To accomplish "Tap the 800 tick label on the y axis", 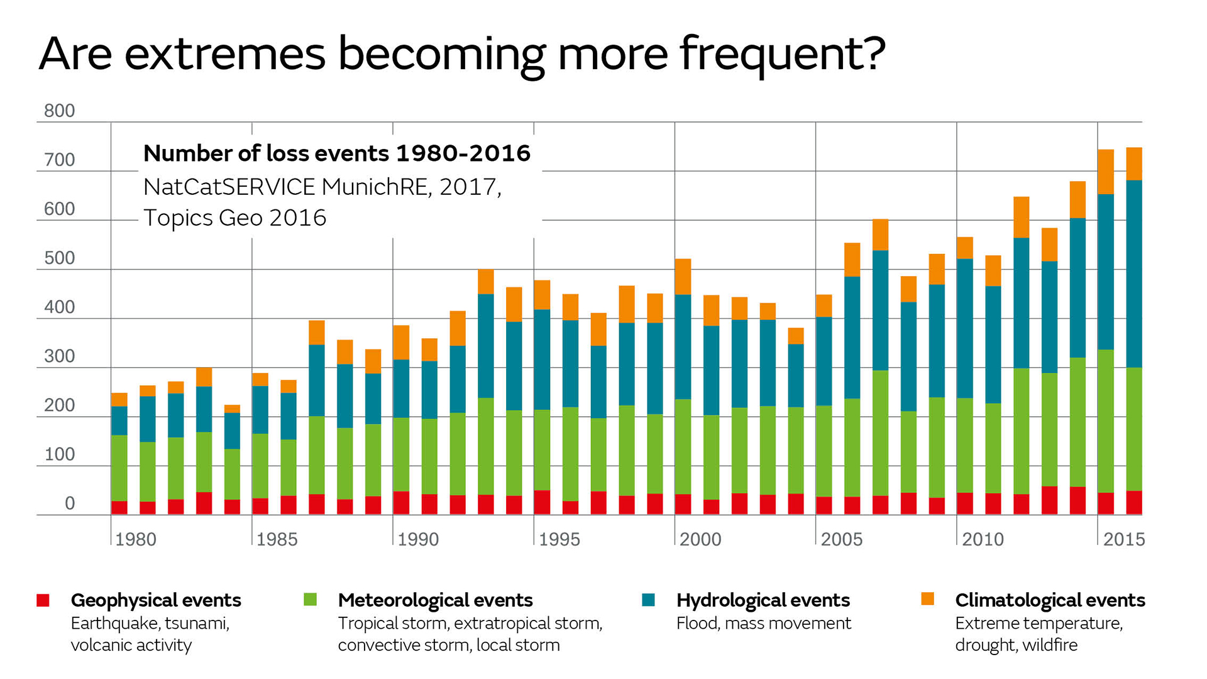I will click(59, 111).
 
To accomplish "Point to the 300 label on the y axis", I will click(59, 356).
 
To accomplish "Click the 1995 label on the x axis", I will click(559, 539).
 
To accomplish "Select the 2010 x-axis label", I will click(983, 539).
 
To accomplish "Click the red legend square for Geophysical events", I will click(43, 600).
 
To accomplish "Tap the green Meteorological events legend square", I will click(310, 600).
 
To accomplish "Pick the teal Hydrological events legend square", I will click(648, 600).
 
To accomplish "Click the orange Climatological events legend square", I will click(927, 599).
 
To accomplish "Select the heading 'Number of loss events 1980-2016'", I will click(337, 153).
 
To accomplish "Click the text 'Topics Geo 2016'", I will click(234, 218).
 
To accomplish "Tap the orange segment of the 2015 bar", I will click(1105, 172).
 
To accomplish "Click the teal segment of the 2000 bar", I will click(683, 346).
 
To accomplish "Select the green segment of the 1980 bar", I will click(119, 468).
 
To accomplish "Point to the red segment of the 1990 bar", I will click(401, 503).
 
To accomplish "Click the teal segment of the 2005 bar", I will click(824, 361).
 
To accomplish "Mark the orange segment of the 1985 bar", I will click(260, 379).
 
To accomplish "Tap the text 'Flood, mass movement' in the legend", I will click(763, 623).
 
